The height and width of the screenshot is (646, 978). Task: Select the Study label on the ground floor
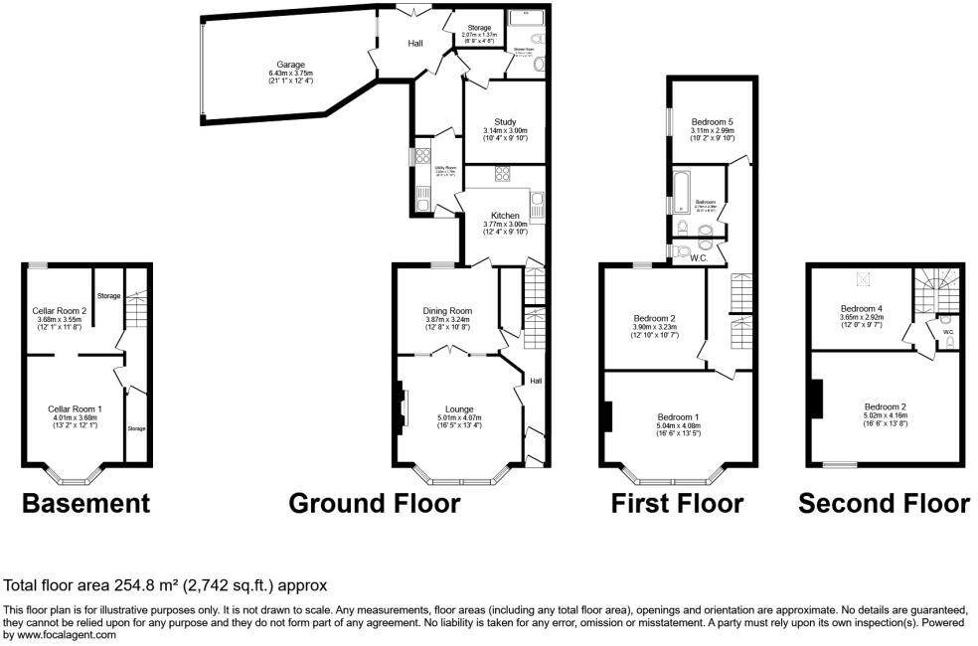click(505, 122)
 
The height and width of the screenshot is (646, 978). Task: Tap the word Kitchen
click(505, 216)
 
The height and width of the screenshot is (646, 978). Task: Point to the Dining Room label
click(447, 310)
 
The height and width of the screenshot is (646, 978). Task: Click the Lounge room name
click(458, 408)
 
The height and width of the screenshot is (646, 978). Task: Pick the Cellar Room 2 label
click(60, 310)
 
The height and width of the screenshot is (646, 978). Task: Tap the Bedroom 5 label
click(712, 121)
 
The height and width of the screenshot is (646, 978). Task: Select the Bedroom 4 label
click(861, 308)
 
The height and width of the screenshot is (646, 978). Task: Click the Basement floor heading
click(86, 504)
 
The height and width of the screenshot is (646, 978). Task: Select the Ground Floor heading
click(374, 504)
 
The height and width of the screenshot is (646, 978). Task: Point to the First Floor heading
click(677, 504)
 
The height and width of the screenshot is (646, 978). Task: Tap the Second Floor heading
click(884, 504)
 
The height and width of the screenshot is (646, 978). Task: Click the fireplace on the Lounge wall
click(403, 407)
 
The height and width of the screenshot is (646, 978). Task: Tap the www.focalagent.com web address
click(65, 635)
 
